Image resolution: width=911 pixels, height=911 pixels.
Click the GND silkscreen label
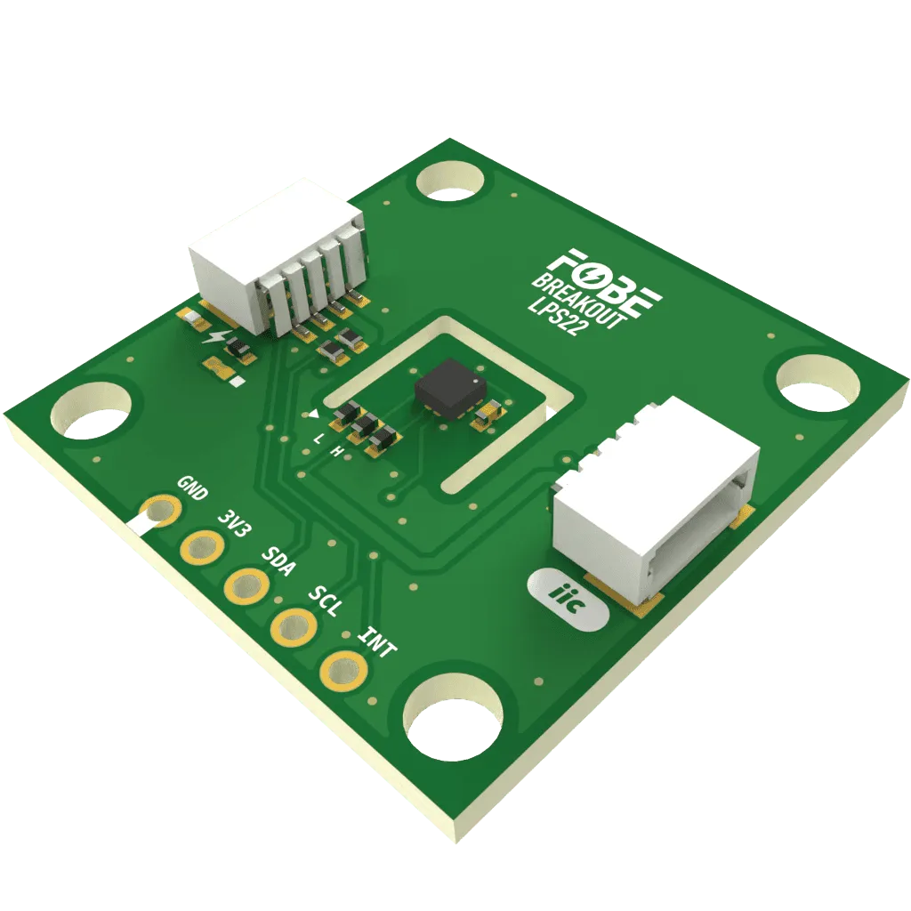[x=192, y=488]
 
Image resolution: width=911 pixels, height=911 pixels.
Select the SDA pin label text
[x=278, y=560]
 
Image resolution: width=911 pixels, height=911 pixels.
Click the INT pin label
[x=376, y=642]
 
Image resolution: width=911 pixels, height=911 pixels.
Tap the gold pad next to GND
[x=157, y=512]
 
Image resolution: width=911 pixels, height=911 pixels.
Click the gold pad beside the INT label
[x=343, y=672]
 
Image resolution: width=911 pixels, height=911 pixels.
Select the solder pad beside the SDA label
[x=247, y=585]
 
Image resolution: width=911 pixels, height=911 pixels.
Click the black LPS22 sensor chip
[x=449, y=389]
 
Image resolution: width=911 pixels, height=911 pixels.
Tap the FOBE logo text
[x=605, y=284]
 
